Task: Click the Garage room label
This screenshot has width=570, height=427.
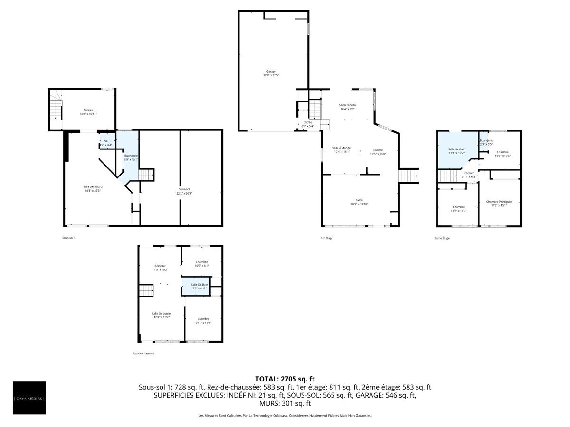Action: point(271,74)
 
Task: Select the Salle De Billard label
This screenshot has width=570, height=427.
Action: point(93,189)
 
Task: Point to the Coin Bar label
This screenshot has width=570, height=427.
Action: point(160,268)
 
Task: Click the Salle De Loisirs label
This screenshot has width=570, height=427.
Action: point(161,316)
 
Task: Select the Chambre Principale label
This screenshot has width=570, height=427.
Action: point(499,204)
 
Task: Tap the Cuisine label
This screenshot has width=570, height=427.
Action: point(378,152)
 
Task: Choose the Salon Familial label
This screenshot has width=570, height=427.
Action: point(347,107)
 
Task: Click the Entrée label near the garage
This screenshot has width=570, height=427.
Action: point(307,124)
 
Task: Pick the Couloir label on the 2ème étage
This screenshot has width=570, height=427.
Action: point(469,175)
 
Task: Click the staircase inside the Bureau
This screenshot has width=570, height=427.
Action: point(57,107)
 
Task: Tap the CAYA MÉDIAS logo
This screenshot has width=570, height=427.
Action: point(29,398)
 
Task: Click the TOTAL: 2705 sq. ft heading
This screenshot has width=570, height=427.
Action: point(285,379)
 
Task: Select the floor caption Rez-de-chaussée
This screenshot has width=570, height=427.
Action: point(143,353)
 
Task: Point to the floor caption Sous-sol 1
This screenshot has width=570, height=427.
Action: point(69,238)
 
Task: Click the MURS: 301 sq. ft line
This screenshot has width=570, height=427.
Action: point(285,403)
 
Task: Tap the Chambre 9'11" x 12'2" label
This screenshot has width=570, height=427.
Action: point(203,321)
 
